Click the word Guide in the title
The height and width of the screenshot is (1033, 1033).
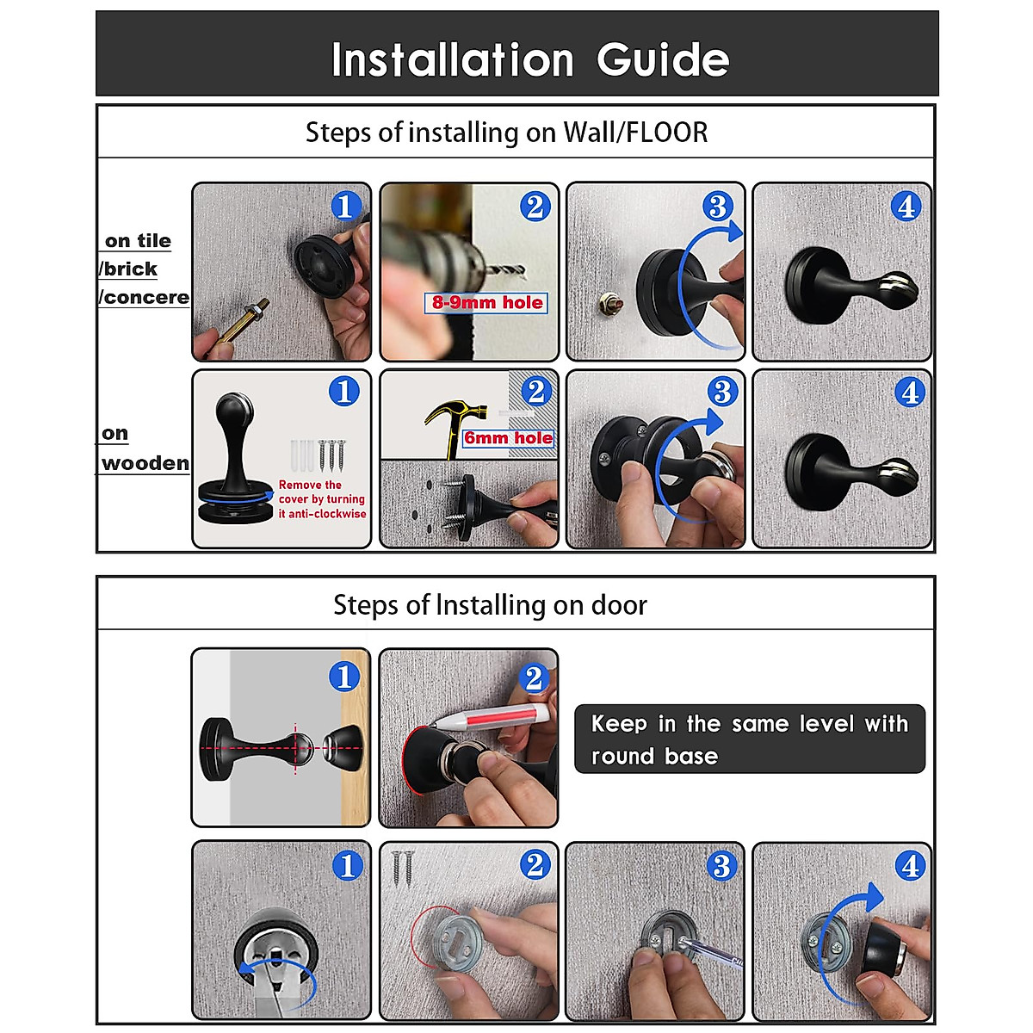pos(663,59)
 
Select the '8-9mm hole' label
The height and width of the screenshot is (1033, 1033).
pos(486,303)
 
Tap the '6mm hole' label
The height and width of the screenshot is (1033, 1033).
pos(508,438)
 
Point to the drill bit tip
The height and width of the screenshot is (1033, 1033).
pos(523,272)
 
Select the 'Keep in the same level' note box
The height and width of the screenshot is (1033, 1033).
pos(750,739)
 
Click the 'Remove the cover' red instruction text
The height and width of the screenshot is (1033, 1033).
pos(322,499)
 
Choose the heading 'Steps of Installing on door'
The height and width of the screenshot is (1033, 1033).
pos(490,604)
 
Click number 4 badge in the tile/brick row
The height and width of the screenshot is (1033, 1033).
pos(906,207)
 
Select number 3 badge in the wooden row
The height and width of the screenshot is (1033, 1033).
pos(722,392)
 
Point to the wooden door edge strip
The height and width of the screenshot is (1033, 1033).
pos(355,738)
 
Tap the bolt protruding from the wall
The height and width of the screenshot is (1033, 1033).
pos(609,304)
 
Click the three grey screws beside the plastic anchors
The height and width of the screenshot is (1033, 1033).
pos(331,455)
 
